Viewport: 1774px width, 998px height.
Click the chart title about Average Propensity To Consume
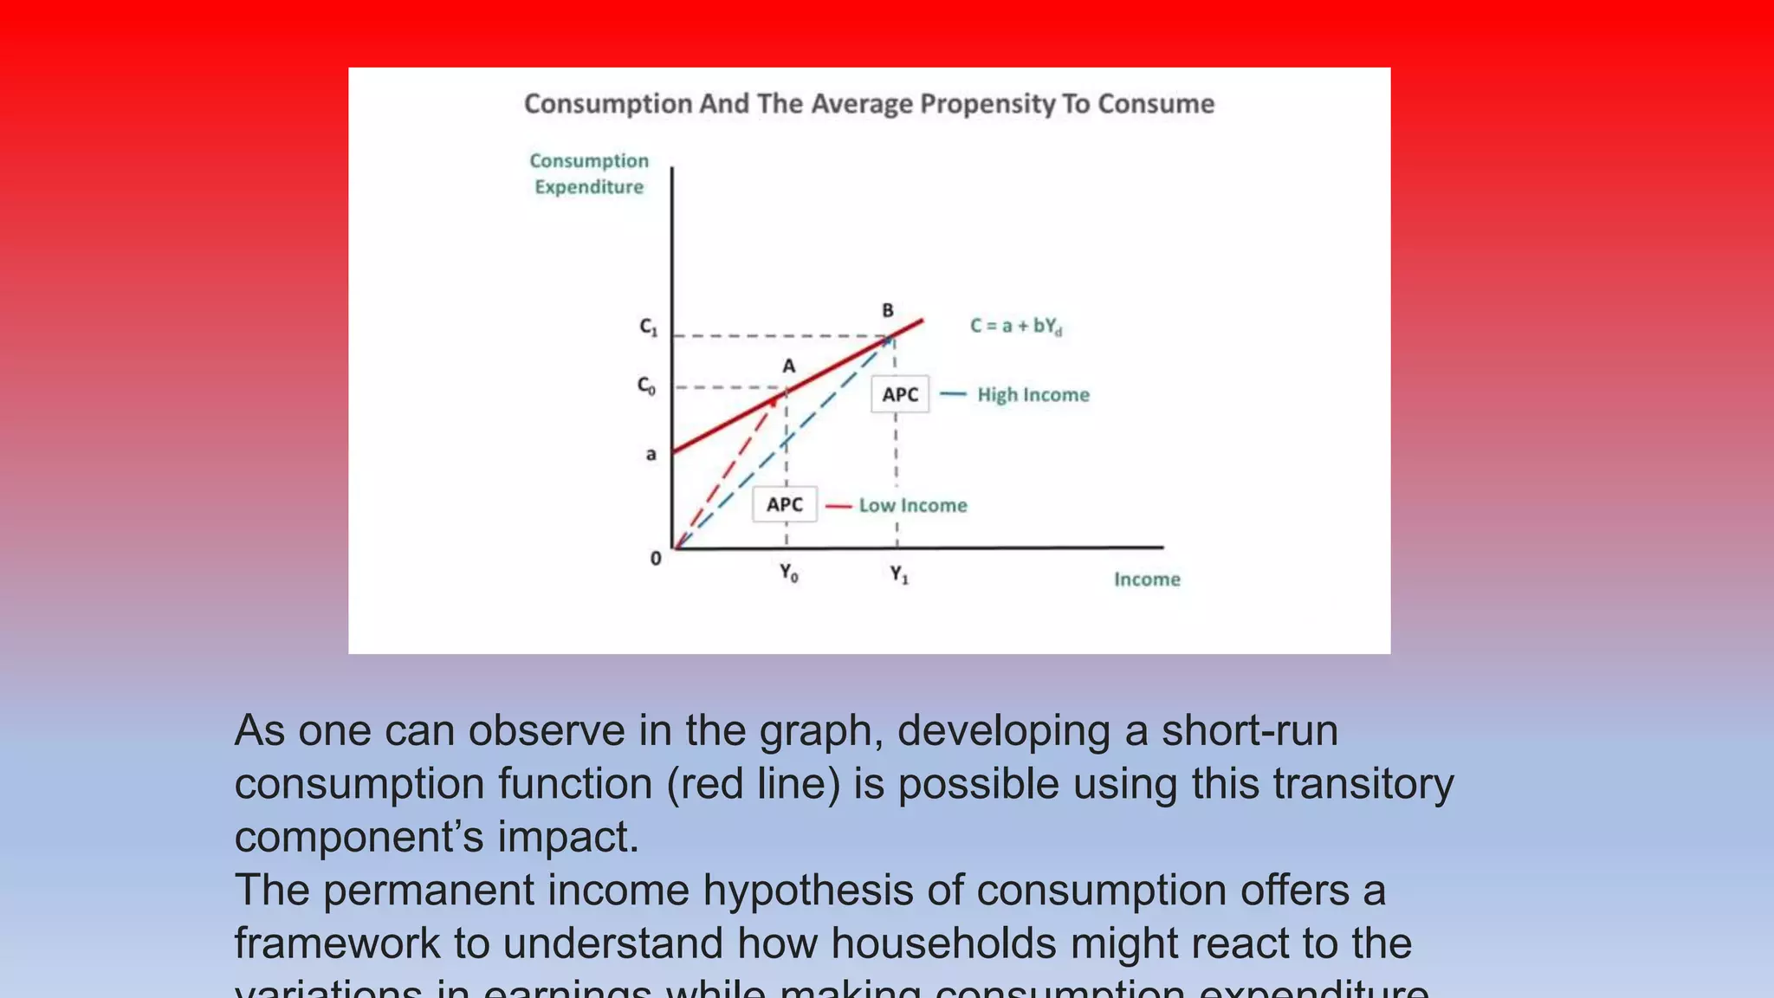click(869, 104)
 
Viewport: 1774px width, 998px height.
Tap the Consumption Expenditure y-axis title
click(589, 174)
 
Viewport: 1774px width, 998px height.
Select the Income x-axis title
click(1147, 580)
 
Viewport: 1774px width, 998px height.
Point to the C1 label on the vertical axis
click(649, 327)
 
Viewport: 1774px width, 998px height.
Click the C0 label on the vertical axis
click(647, 386)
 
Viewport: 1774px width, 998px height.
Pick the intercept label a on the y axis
click(651, 454)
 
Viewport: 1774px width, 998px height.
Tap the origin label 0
click(656, 559)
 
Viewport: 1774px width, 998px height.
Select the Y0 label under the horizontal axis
click(788, 573)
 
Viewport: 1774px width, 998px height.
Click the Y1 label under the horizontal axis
click(899, 574)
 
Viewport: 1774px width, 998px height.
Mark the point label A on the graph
click(789, 366)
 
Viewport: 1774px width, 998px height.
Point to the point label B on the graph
click(888, 310)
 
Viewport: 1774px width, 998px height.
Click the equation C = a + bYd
click(1015, 327)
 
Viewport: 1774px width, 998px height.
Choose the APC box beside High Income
click(900, 395)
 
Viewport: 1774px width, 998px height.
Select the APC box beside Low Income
click(785, 504)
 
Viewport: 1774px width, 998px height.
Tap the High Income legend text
click(1033, 395)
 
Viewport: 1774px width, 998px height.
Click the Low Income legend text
click(913, 506)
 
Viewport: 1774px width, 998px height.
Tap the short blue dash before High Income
click(953, 394)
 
